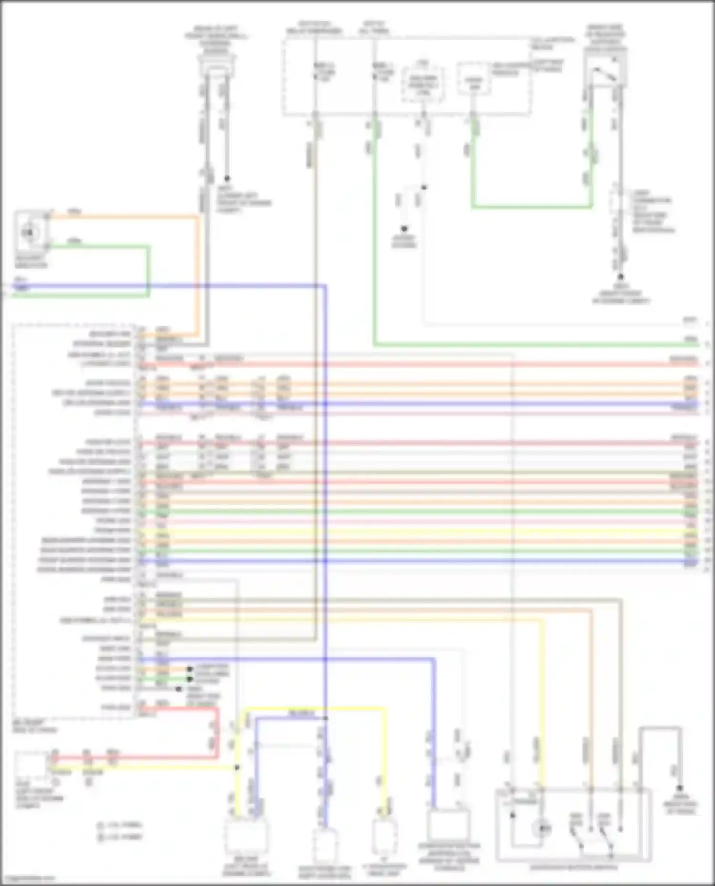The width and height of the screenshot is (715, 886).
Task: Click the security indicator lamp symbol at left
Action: click(x=30, y=232)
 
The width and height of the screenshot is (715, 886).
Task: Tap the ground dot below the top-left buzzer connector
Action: click(x=227, y=178)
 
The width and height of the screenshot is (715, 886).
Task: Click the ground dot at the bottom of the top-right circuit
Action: click(x=620, y=277)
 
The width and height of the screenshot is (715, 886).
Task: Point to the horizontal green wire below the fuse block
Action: click(x=531, y=207)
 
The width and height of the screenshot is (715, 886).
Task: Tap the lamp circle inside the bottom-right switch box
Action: click(x=542, y=828)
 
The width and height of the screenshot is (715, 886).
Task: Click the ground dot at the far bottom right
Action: click(x=680, y=788)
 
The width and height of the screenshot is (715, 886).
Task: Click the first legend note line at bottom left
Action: click(x=119, y=825)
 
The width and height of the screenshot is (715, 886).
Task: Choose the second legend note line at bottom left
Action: click(x=119, y=836)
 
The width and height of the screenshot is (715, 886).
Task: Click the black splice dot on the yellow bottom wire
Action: click(x=237, y=767)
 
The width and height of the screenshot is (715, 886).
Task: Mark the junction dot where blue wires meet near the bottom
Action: click(x=326, y=718)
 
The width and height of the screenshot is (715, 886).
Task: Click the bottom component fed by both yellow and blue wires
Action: click(x=245, y=836)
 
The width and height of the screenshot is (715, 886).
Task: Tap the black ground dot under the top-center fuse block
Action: click(x=404, y=229)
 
